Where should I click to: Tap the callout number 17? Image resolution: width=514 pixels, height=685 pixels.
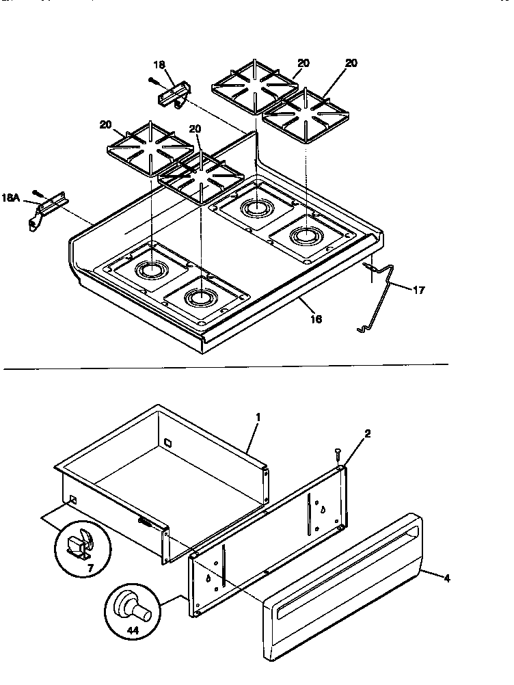[419, 290]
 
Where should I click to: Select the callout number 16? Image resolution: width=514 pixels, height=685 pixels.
[316, 319]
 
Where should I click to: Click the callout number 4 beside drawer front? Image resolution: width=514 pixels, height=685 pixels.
[447, 578]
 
